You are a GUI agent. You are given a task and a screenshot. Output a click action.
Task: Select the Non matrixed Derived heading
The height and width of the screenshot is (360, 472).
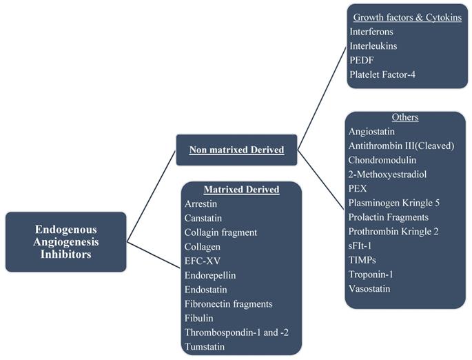(x=236, y=150)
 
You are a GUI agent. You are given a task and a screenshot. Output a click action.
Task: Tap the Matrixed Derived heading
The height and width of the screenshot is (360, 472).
(x=242, y=190)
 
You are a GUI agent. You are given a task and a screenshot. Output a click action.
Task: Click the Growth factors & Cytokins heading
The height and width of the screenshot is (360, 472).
(x=407, y=17)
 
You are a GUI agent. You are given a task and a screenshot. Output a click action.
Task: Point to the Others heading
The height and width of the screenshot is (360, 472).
(x=404, y=117)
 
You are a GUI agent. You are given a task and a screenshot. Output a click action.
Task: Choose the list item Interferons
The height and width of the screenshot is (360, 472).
(x=373, y=31)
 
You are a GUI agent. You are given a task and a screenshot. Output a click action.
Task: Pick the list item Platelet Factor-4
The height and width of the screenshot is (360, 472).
(x=383, y=74)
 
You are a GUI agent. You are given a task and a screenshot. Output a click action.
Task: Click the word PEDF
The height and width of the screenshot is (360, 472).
(x=362, y=60)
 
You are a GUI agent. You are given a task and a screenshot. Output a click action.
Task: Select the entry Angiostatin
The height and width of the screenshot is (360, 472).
(x=372, y=131)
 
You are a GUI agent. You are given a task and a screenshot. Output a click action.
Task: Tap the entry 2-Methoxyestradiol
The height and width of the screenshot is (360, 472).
(x=387, y=174)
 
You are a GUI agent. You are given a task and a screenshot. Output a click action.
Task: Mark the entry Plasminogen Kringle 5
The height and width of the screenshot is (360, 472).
(x=393, y=203)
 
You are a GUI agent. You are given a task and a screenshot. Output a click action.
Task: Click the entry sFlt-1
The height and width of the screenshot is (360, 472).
(x=362, y=246)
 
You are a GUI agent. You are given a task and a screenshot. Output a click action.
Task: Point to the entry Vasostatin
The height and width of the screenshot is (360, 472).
(x=369, y=288)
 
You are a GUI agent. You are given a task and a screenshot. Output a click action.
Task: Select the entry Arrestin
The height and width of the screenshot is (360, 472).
(x=201, y=203)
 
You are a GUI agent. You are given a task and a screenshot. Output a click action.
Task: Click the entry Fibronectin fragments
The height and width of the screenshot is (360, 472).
(x=228, y=303)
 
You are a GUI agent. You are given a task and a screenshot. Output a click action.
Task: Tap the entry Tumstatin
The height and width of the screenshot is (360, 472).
(x=205, y=346)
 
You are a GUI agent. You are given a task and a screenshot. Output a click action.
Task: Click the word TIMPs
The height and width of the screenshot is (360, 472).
(x=364, y=260)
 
